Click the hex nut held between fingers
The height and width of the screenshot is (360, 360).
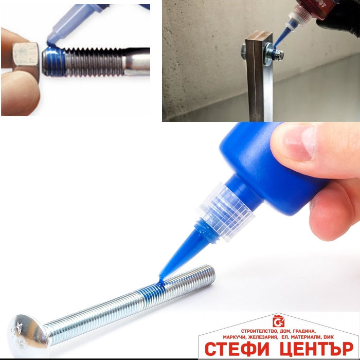click(26, 60)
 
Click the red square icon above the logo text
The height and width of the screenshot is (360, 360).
click(279, 321)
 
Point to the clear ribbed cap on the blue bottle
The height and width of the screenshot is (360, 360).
click(225, 211)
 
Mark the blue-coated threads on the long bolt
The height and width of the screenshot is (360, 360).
click(152, 292)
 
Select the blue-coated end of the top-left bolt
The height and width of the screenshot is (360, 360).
click(53, 61)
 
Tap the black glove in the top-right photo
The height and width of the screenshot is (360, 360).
click(340, 21)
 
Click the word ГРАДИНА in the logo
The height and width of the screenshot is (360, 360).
click(304, 331)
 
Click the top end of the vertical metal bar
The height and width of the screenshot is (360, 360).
click(259, 35)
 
